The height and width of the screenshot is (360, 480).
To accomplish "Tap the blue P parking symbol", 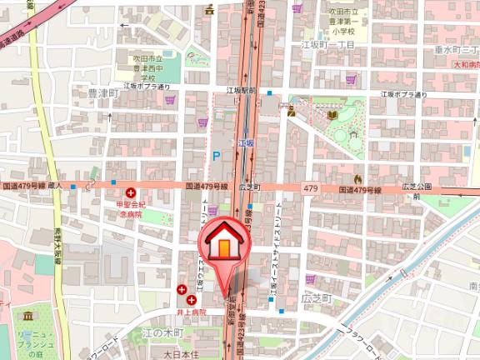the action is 216,156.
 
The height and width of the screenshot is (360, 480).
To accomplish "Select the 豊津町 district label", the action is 105,94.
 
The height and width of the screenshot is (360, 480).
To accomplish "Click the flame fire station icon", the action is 358,178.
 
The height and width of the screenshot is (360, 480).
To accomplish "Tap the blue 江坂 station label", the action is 245,144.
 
